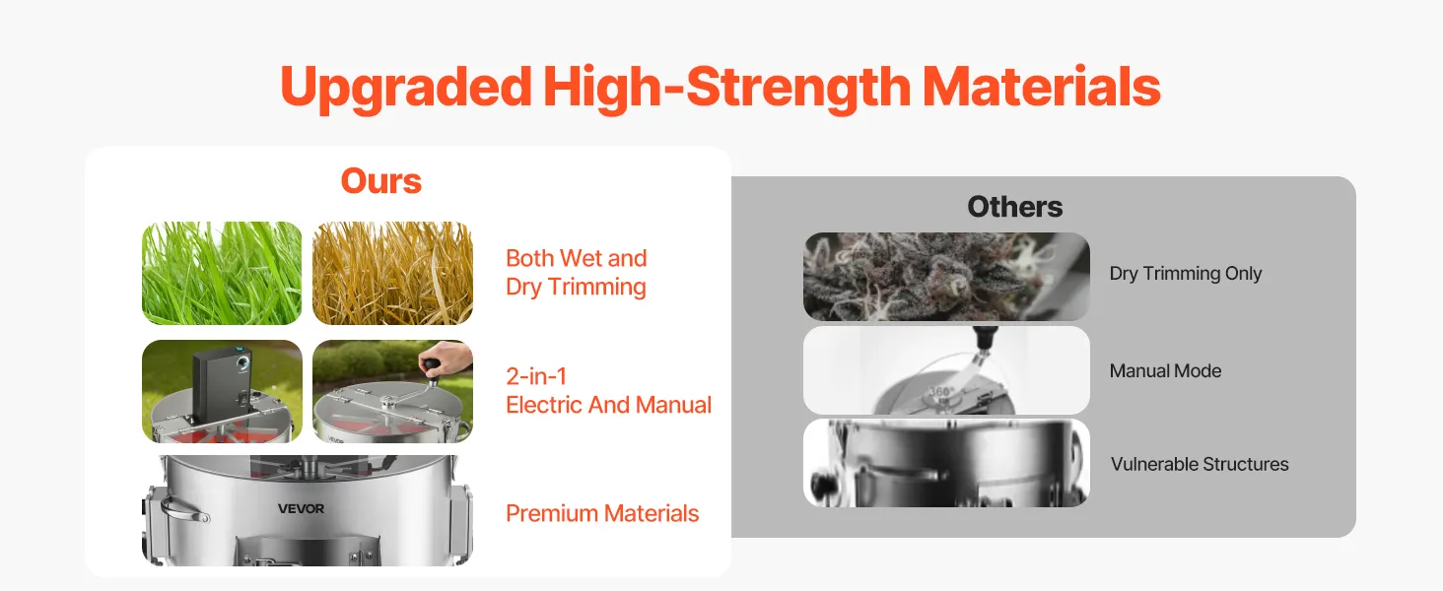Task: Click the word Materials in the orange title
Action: pos(1041,87)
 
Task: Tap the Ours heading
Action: pos(380,181)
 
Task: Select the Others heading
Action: pos(1014,207)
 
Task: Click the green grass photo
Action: pos(222,273)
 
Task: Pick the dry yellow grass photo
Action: pos(392,273)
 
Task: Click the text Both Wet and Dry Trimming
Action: pos(576,272)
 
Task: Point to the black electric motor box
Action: pos(221,384)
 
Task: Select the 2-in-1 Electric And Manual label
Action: pos(608,390)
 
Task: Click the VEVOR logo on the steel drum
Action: pos(301,508)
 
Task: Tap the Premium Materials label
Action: pos(601,513)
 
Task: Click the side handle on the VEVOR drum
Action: pos(183,510)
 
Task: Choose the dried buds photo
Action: pos(946,277)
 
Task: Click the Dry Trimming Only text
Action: pos(1186,273)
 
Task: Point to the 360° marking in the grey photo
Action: pos(940,391)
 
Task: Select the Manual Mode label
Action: pos(1165,370)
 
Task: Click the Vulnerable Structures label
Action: pos(1200,464)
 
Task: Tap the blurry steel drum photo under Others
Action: pos(946,463)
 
